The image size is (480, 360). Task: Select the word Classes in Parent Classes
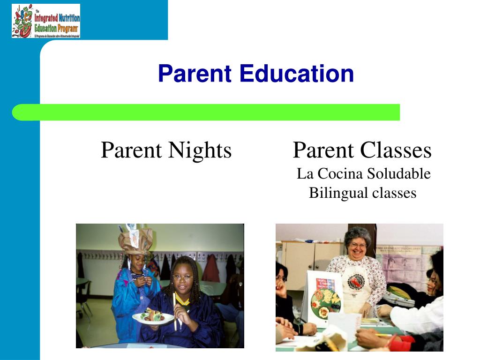pos(397,150)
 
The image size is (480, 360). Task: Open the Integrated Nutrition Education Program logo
pos(46,21)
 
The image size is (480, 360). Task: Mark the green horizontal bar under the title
pos(206,112)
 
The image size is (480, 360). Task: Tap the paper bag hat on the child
pos(136,239)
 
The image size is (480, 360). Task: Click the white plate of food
pos(153,318)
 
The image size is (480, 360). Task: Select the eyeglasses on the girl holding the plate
pos(182,277)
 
